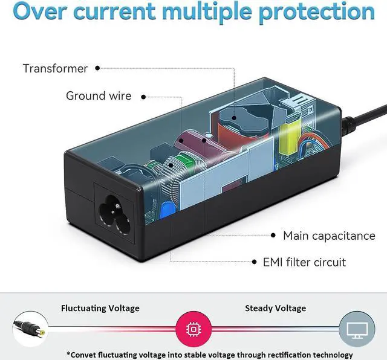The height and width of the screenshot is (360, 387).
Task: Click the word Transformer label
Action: point(55,68)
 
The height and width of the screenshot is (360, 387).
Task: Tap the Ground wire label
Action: point(99,95)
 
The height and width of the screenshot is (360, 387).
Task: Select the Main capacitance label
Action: point(329,236)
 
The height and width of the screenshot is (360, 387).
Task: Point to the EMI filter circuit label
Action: point(304,262)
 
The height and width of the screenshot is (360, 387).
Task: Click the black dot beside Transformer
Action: point(97,68)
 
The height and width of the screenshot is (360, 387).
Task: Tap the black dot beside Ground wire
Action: point(145,95)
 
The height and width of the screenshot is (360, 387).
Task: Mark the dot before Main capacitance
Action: point(273,236)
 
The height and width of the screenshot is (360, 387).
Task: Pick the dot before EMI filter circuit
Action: point(254,262)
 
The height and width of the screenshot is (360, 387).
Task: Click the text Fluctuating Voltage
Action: point(100,308)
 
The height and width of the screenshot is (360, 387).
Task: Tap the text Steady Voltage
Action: point(275,308)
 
